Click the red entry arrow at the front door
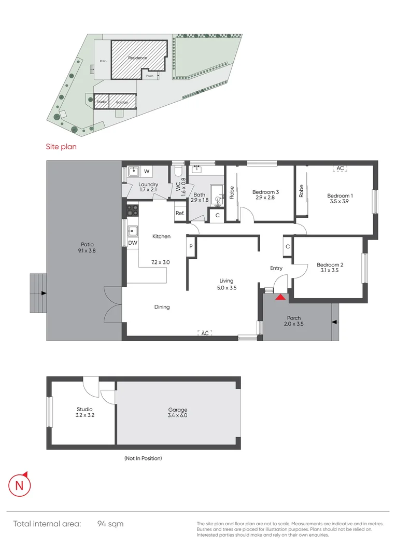(x=280, y=297)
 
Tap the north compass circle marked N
(x=20, y=486)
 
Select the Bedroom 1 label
(x=340, y=195)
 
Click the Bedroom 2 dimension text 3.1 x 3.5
(x=330, y=270)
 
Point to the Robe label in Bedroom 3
(x=232, y=193)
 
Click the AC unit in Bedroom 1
(x=340, y=169)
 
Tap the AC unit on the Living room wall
(x=205, y=333)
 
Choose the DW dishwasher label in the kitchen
(x=132, y=243)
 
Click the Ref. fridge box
(x=180, y=213)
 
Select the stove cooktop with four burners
(x=132, y=210)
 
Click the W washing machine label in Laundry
(x=147, y=171)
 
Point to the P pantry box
(x=191, y=247)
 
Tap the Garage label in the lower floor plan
(x=177, y=410)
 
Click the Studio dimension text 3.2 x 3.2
(x=83, y=415)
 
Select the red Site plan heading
(x=61, y=147)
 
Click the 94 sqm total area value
(x=110, y=524)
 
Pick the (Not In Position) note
(x=143, y=458)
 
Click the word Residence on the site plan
(x=138, y=58)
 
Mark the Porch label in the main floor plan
(x=294, y=318)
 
